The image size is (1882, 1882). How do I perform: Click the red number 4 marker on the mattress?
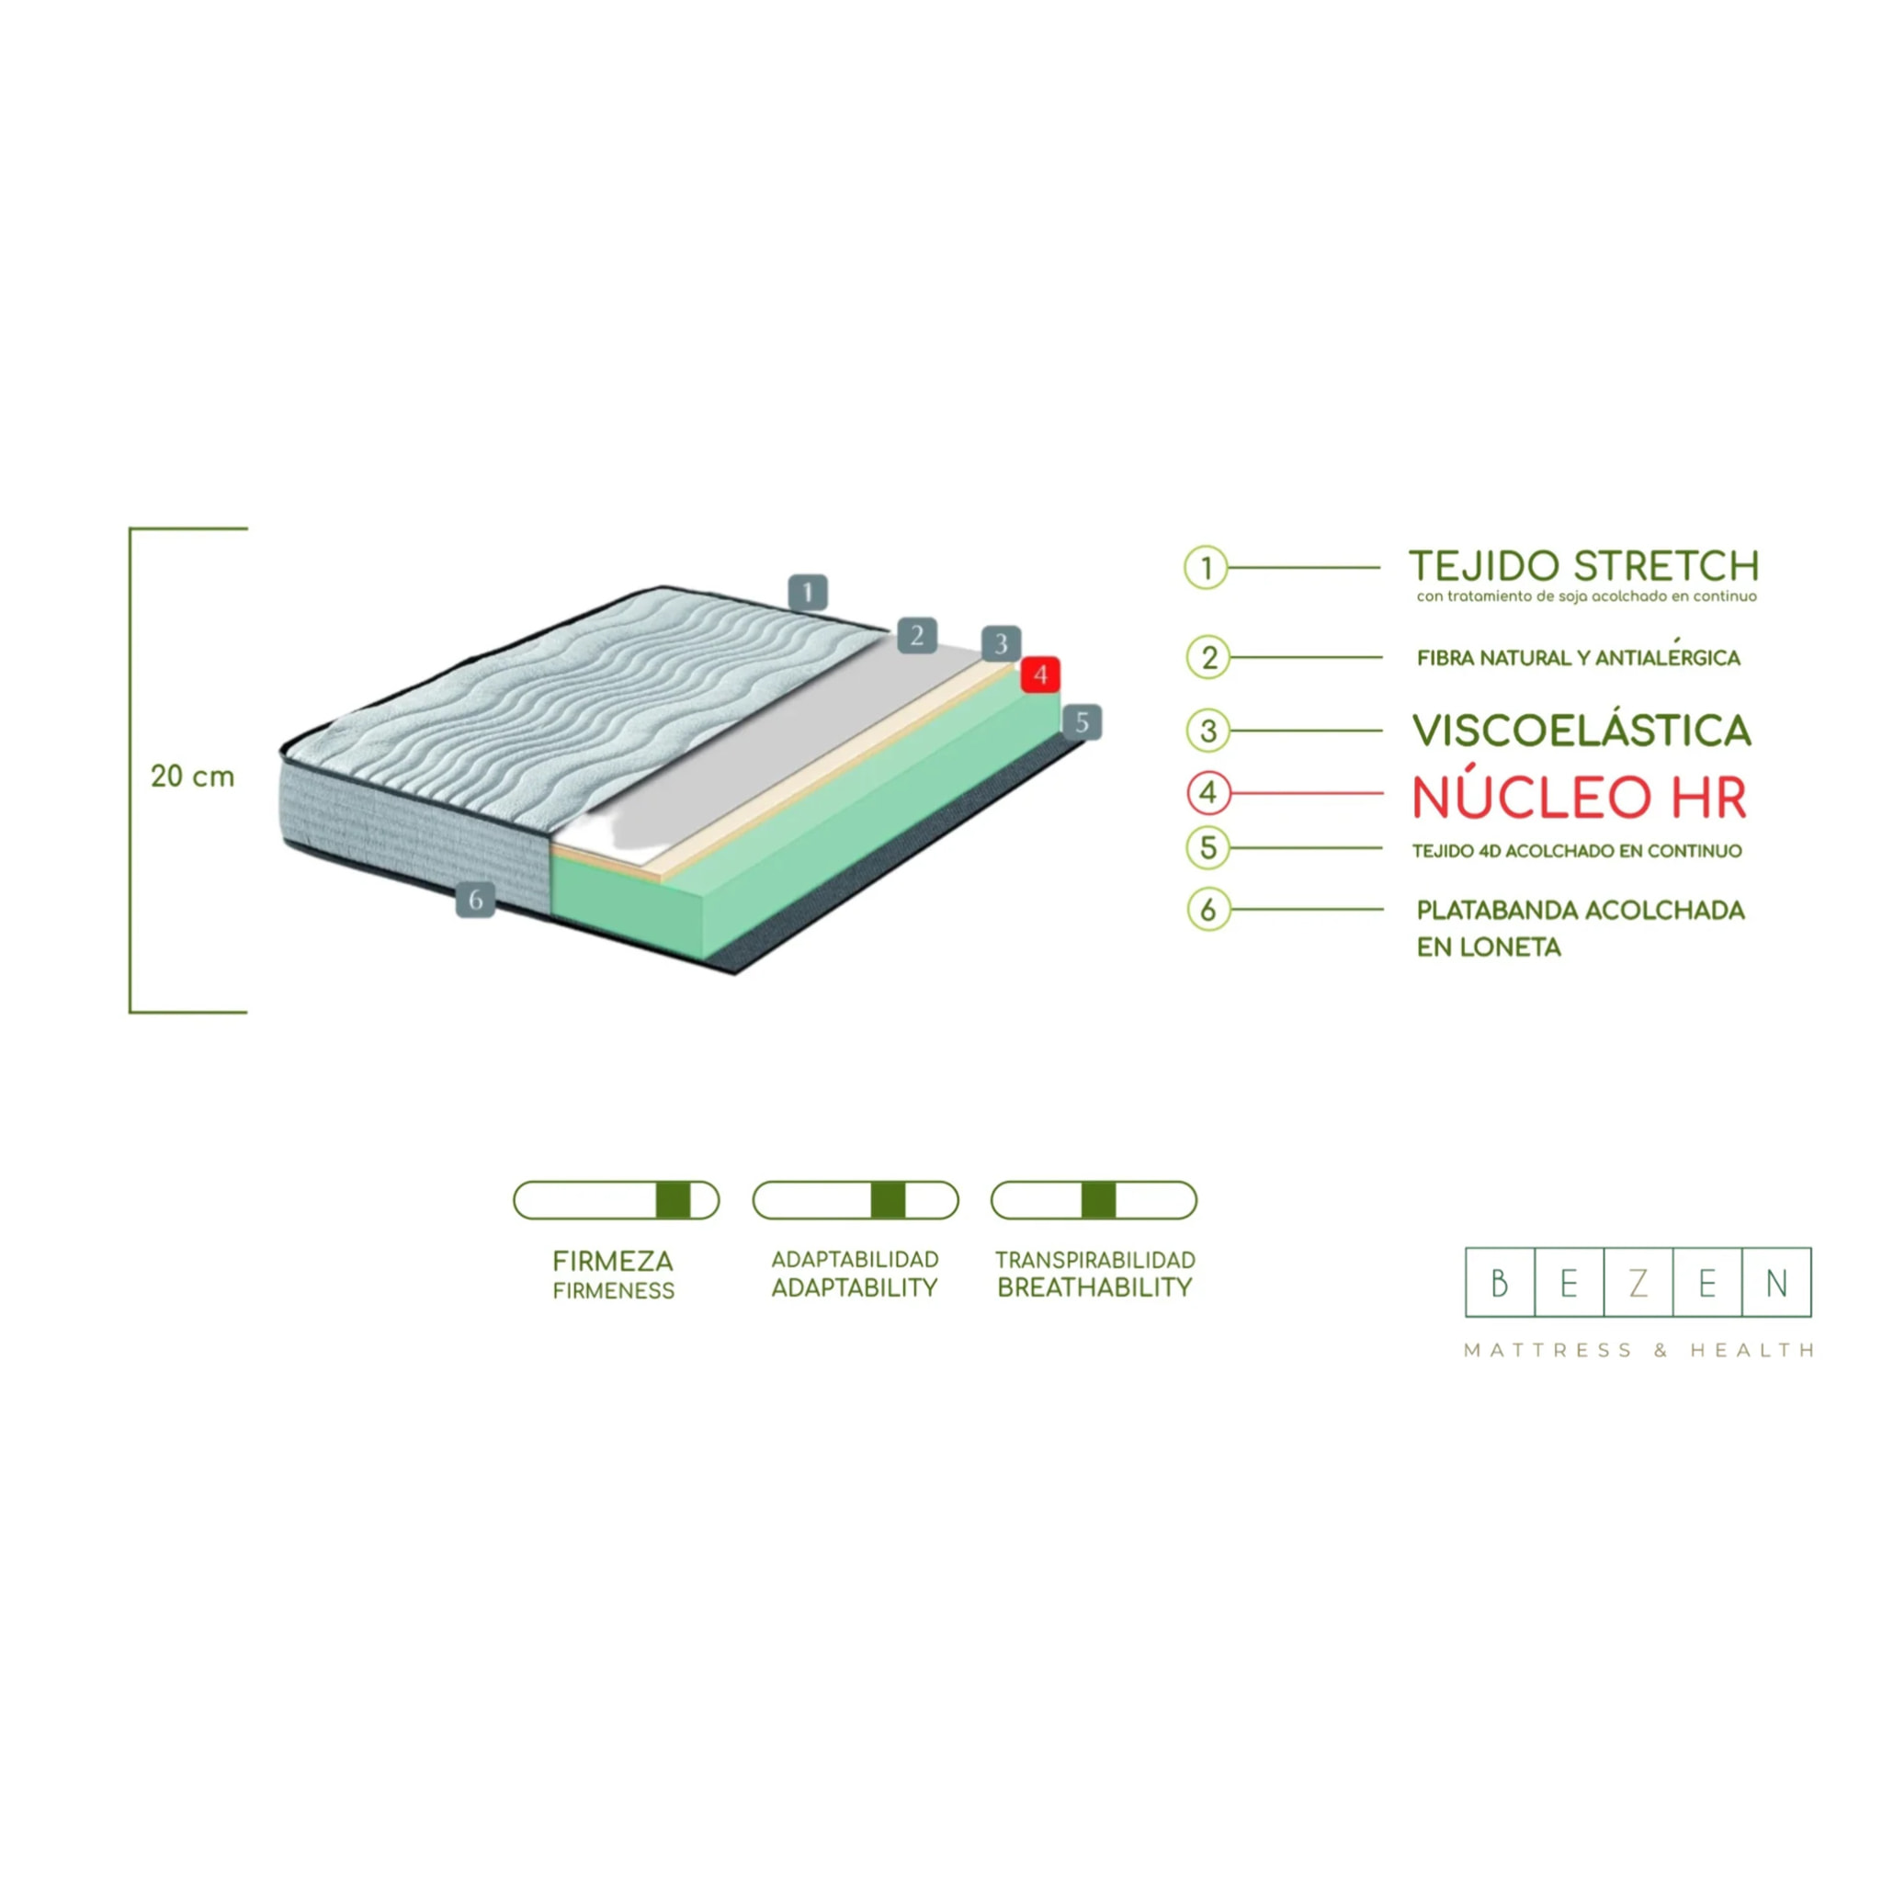(1039, 675)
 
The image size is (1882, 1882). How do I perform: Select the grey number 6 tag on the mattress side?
(475, 899)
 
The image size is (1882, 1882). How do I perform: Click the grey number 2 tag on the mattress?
(916, 636)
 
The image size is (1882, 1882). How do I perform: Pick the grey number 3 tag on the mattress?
(1001, 644)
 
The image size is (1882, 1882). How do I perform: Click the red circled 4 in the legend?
(1207, 793)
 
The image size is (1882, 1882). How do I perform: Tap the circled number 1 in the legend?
(1206, 567)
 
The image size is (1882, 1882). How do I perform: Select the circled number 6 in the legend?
(1207, 910)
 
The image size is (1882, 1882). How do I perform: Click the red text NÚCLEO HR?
(1579, 797)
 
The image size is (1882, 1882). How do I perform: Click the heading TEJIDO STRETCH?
(1584, 566)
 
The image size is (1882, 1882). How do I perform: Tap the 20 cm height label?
(193, 777)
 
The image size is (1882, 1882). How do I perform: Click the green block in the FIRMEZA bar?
(673, 1200)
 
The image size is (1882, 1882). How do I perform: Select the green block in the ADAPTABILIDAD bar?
(888, 1200)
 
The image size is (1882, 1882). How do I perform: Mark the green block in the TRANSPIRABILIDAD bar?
(1098, 1200)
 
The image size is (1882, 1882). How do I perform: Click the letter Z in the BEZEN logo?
(1638, 1283)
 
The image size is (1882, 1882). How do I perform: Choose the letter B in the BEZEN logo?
(1500, 1283)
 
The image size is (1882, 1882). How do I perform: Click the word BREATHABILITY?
(1094, 1287)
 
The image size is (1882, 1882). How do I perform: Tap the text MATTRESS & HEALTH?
(1638, 1350)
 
